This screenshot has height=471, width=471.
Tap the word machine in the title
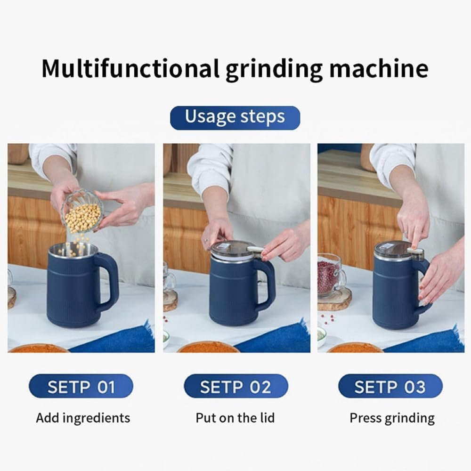[379, 68]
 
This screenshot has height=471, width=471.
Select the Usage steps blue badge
[235, 117]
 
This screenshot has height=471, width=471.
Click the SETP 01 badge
[81, 387]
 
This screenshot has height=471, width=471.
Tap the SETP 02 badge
[235, 387]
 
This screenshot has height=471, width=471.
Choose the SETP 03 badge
[390, 387]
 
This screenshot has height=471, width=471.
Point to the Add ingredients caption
[83, 418]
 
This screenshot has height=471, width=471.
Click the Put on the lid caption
[235, 418]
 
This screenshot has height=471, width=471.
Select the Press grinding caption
[392, 418]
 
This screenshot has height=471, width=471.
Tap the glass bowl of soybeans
[83, 214]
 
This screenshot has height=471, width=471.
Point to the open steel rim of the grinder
[73, 250]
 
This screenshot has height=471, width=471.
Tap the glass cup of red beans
[330, 276]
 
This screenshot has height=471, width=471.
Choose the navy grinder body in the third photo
[393, 292]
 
